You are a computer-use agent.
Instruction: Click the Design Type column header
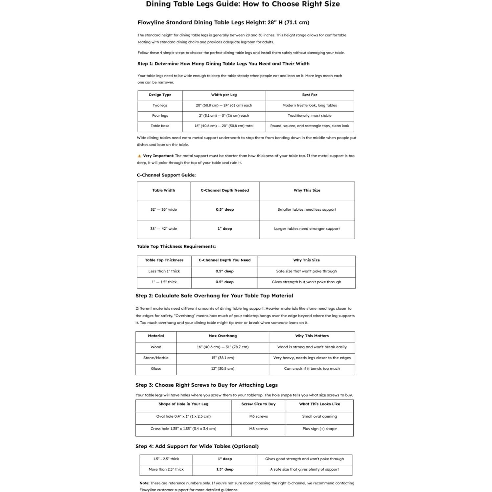coord(160,95)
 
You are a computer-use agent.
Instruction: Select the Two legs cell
coord(160,105)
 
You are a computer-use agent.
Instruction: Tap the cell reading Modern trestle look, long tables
coord(309,105)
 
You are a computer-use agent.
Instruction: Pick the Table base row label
coord(160,126)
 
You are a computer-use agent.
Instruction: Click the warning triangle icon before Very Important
coord(139,156)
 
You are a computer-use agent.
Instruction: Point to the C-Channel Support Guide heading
coord(166,175)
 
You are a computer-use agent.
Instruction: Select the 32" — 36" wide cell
coord(163,210)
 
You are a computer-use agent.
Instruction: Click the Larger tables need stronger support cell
coord(307,229)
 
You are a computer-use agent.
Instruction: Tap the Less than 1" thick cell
coord(164,271)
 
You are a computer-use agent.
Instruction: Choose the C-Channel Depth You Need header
coord(224,260)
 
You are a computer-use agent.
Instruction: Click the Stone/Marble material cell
coord(156,358)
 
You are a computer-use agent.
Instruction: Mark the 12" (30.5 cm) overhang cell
coord(223,369)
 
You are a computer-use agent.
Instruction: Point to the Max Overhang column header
coord(223,336)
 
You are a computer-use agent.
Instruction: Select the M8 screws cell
coord(258,429)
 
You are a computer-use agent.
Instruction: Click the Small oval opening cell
coord(319,416)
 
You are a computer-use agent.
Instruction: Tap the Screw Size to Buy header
coord(258,404)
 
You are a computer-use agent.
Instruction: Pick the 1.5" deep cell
coord(225,470)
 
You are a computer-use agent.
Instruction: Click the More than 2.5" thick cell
coord(166,470)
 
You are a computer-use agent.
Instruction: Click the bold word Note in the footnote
coord(144,483)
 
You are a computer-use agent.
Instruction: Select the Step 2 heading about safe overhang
coord(214,296)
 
